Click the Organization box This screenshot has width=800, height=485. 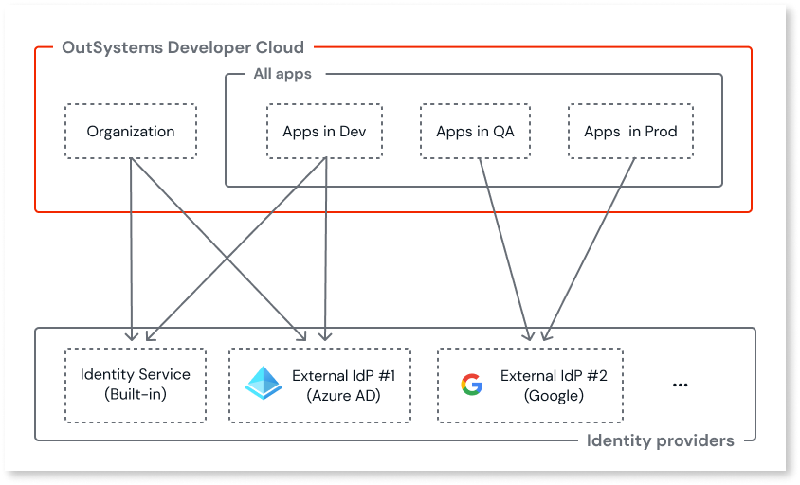pyautogui.click(x=131, y=131)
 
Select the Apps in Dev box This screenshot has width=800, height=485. pyautogui.click(x=325, y=131)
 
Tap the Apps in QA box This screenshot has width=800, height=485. pyautogui.click(x=475, y=131)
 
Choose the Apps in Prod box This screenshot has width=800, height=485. pyautogui.click(x=630, y=131)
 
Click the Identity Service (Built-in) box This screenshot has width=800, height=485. pyautogui.click(x=136, y=385)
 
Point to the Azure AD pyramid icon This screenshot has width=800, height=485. pyautogui.click(x=263, y=384)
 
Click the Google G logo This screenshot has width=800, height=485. pyautogui.click(x=471, y=385)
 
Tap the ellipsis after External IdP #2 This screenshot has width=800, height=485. pyautogui.click(x=679, y=385)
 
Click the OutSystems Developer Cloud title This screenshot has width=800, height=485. pyautogui.click(x=183, y=47)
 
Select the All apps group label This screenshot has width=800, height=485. pyautogui.click(x=282, y=74)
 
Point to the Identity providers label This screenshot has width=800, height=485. pyautogui.click(x=660, y=440)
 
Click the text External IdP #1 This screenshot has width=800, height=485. pyautogui.click(x=343, y=376)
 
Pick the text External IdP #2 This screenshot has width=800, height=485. pyautogui.click(x=554, y=376)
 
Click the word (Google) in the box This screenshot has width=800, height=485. pyautogui.click(x=554, y=396)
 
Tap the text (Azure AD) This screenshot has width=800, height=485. pyautogui.click(x=343, y=396)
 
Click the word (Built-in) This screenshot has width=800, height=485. pyautogui.click(x=136, y=394)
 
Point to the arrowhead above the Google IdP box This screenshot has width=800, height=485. pyautogui.click(x=536, y=335)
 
